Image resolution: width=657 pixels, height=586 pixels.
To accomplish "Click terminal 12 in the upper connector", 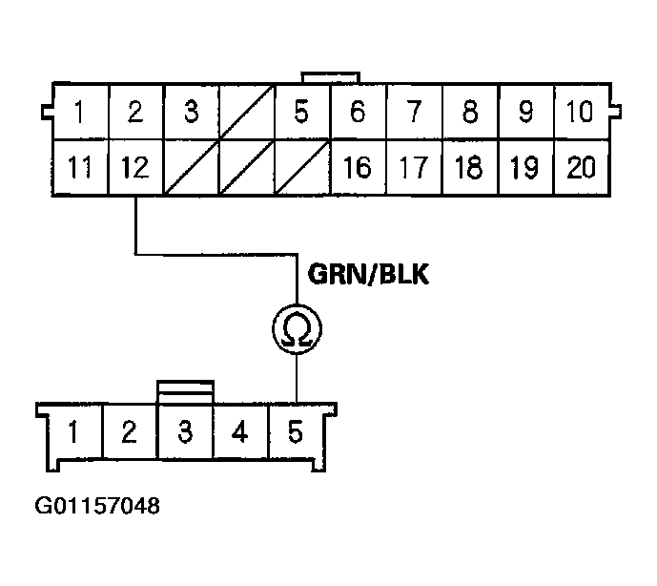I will click(x=135, y=169).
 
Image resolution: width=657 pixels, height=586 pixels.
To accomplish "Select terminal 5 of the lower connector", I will click(x=297, y=432).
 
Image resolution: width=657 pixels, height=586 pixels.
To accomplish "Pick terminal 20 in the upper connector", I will click(x=581, y=169).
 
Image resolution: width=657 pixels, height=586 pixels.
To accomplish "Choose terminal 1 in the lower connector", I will click(x=73, y=432).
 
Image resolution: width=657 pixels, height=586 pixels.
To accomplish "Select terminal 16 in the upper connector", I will click(x=357, y=169).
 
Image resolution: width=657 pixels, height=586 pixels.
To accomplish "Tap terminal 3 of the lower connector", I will click(x=185, y=432).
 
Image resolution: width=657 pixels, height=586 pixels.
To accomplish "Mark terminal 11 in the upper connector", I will click(x=80, y=169).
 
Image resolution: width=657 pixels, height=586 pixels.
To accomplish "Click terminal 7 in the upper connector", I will click(x=413, y=113).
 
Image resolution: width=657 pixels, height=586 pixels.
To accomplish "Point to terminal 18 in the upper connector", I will click(x=468, y=169).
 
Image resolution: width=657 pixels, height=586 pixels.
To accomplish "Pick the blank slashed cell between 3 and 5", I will click(x=247, y=113).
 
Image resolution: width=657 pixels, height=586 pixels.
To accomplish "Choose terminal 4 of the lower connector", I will click(x=240, y=432).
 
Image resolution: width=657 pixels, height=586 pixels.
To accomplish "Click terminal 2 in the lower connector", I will click(x=129, y=432).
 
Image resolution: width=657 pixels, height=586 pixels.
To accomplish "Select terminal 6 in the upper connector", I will click(x=357, y=113).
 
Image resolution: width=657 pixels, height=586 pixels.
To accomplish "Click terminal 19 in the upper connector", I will click(x=524, y=169).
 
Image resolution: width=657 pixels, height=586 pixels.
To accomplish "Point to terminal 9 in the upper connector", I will click(x=524, y=113).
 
